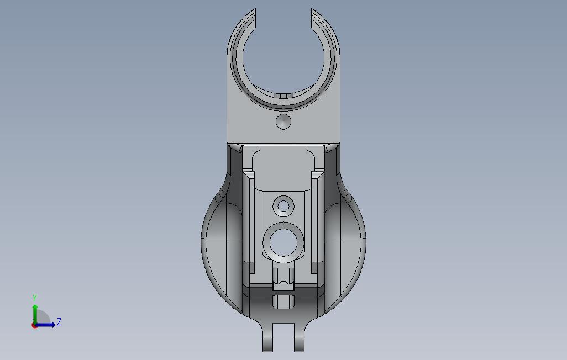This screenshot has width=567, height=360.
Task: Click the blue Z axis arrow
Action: (47, 325)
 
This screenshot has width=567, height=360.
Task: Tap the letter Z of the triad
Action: (59, 322)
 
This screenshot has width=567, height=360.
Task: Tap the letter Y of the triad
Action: (35, 298)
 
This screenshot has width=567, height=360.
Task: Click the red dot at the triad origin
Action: (34, 325)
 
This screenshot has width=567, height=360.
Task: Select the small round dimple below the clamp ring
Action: (283, 121)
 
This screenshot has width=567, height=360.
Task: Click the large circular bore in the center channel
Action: (283, 242)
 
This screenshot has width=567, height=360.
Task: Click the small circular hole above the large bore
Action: (284, 207)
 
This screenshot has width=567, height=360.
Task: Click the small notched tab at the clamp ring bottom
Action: (283, 96)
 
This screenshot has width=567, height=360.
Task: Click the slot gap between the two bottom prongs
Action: (284, 337)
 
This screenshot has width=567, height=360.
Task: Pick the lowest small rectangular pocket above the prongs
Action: (283, 302)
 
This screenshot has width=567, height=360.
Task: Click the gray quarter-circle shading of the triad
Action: (44, 319)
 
